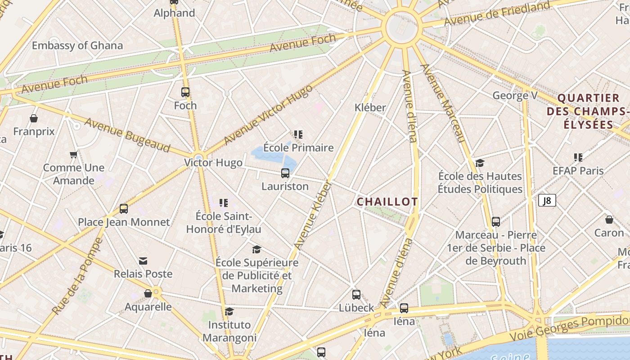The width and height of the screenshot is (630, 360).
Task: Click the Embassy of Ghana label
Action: pos(77,45)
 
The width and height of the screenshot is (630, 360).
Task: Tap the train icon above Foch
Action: pos(185,92)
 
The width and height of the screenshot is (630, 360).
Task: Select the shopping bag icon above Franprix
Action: pos(34,118)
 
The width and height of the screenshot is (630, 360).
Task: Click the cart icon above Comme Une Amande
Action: pos(74,155)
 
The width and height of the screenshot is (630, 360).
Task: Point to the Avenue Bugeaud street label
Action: pos(127,135)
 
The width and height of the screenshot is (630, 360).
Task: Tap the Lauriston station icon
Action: pos(285,173)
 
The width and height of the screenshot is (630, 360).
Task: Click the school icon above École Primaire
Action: pos(298,134)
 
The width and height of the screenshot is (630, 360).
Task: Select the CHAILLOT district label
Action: pos(387,202)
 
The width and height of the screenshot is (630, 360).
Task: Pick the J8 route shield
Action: pos(547,200)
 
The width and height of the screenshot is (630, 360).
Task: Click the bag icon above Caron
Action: pos(609,220)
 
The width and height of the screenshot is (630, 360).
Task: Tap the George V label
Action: pos(515,95)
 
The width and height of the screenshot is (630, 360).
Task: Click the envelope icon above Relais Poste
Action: pos(143,261)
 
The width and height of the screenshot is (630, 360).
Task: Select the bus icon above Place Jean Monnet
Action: pos(124,209)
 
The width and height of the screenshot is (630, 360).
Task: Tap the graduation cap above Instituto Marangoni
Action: pos(229,311)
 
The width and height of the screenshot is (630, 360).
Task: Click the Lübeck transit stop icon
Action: pos(356,295)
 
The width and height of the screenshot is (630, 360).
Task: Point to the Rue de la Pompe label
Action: pos(77,276)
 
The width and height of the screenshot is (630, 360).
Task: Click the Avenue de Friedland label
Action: pos(497,13)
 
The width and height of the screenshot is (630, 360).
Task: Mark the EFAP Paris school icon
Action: pos(578,157)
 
